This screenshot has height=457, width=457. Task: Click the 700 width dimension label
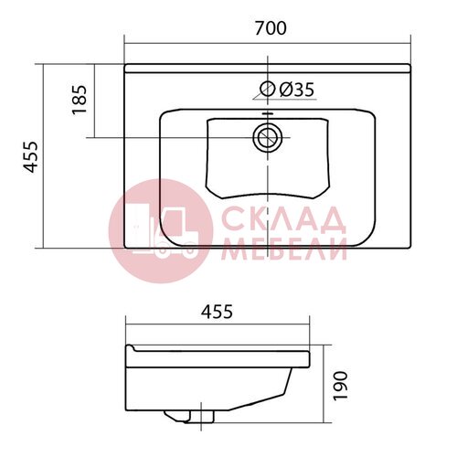pyautogui.click(x=271, y=28)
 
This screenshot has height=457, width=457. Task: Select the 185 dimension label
pyautogui.click(x=80, y=100)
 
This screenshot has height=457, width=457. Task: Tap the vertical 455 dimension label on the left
pyautogui.click(x=31, y=157)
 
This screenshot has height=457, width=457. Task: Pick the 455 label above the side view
pyautogui.click(x=217, y=312)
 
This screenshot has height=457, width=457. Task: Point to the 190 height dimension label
pyautogui.click(x=340, y=386)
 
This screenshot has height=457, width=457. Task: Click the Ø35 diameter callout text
pyautogui.click(x=296, y=90)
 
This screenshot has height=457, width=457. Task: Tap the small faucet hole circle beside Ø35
pyautogui.click(x=268, y=89)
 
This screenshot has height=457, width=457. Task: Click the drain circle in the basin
pyautogui.click(x=268, y=137)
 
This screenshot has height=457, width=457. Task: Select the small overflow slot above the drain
pyautogui.click(x=268, y=114)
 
